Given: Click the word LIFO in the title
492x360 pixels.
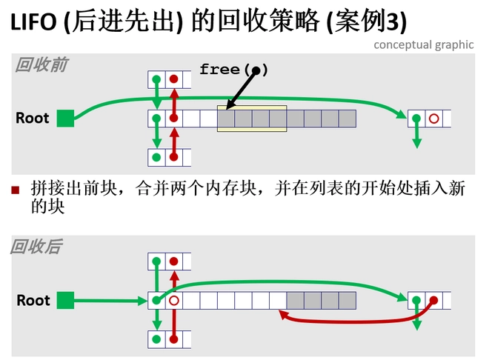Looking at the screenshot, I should tap(34, 22).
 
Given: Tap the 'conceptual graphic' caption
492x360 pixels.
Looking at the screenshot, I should tap(423, 44).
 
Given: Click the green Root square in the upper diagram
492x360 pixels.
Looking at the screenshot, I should tap(66, 118).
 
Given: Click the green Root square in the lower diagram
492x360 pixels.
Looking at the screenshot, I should tap(66, 300).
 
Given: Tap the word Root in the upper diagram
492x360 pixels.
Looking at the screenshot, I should tap(32, 118).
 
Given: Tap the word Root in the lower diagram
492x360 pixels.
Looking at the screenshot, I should tap(33, 300).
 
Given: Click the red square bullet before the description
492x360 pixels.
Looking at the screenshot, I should tap(15, 190).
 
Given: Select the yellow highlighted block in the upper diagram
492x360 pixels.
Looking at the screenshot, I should tap(252, 119).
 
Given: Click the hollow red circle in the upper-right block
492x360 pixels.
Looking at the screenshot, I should tap(434, 118).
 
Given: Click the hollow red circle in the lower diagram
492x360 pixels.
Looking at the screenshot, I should tap(173, 301).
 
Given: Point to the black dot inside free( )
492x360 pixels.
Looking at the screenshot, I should tap(256, 70).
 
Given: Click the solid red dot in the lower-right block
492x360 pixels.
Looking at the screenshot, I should tap(434, 300).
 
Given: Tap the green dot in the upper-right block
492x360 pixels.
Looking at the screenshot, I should tap(416, 118).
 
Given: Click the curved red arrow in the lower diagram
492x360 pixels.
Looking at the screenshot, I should tap(348, 321).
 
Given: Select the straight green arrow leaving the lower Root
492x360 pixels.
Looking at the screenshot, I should tap(111, 300).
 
